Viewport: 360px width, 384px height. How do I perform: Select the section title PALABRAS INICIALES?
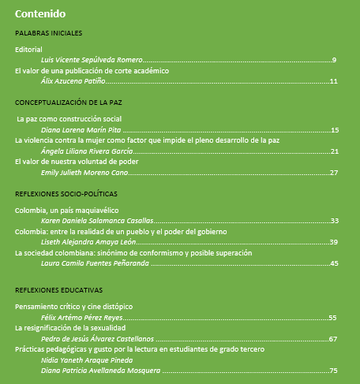coord(49,33)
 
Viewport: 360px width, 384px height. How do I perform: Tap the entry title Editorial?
coord(28,50)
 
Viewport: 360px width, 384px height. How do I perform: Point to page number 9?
coord(335,60)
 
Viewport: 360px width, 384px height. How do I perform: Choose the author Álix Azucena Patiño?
coord(73,80)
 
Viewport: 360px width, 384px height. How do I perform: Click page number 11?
coord(333,80)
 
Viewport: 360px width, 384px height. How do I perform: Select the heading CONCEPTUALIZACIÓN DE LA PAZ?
coord(68,103)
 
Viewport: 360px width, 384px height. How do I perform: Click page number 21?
coord(333,151)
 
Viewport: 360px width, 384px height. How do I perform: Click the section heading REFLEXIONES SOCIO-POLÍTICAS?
coord(66,193)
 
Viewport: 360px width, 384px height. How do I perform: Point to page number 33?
coord(333,221)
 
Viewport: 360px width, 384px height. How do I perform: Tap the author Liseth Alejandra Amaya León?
coord(84,242)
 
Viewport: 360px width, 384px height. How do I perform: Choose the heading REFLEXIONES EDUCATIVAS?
coord(59,289)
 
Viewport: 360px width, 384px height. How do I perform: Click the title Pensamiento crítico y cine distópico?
coord(74,306)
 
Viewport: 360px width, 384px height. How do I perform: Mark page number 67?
coord(333,338)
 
